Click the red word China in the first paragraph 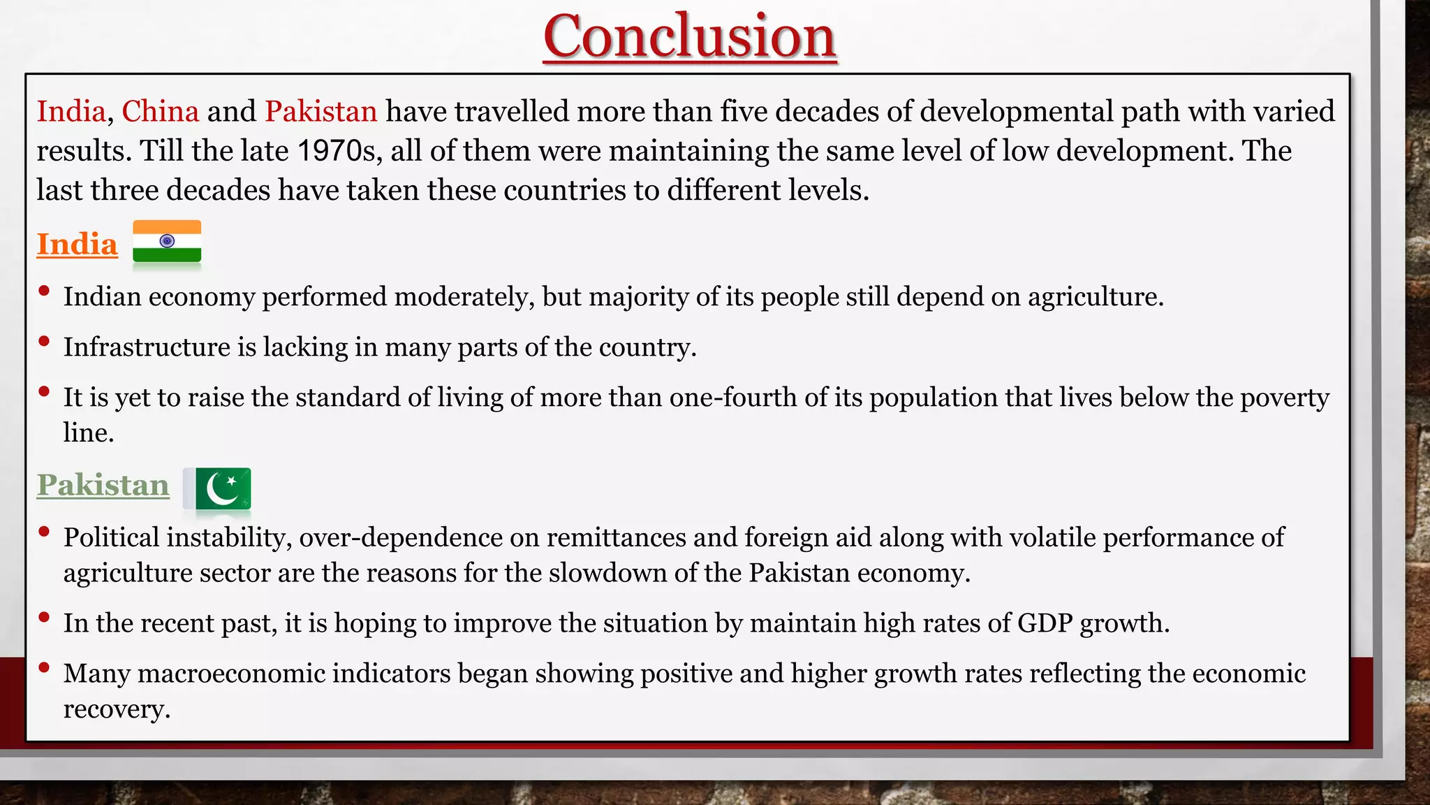161,112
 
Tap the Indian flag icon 167,242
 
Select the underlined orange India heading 77,245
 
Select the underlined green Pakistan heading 103,486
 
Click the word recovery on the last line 116,709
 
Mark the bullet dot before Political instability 44,532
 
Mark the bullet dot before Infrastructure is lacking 44,342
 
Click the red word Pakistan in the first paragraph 320,112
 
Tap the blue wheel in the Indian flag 167,241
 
